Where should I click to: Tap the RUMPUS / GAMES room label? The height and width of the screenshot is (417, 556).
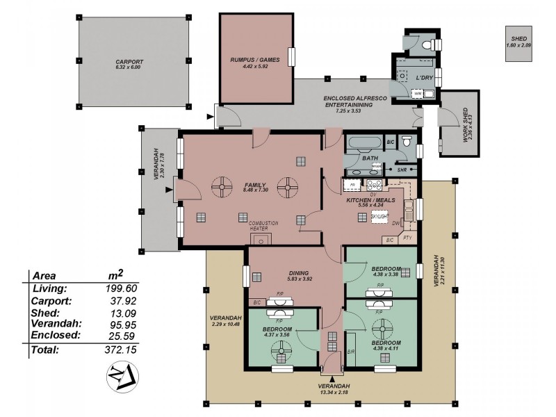[255, 60]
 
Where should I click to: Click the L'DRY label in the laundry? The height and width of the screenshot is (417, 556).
[424, 78]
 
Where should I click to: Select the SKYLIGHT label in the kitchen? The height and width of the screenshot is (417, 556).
[379, 218]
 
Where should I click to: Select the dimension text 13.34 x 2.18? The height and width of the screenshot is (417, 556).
[329, 393]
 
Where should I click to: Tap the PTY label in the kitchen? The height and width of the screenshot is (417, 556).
[407, 238]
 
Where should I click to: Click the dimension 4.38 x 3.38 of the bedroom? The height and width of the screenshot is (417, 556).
[385, 274]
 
